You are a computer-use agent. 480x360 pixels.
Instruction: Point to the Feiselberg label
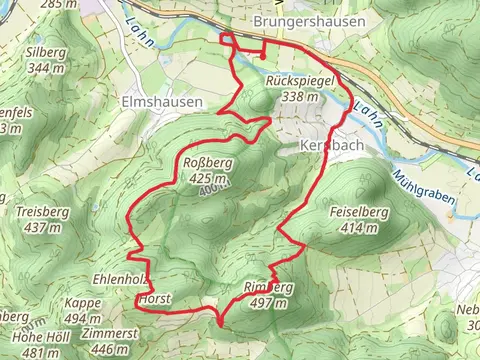tap(358, 213)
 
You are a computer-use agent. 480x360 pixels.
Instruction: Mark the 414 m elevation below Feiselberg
tap(358, 227)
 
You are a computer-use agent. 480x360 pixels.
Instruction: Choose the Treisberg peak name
tap(41, 212)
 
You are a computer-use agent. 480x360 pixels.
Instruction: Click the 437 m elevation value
tap(41, 226)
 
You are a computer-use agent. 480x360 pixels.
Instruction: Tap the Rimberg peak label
tap(268, 287)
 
